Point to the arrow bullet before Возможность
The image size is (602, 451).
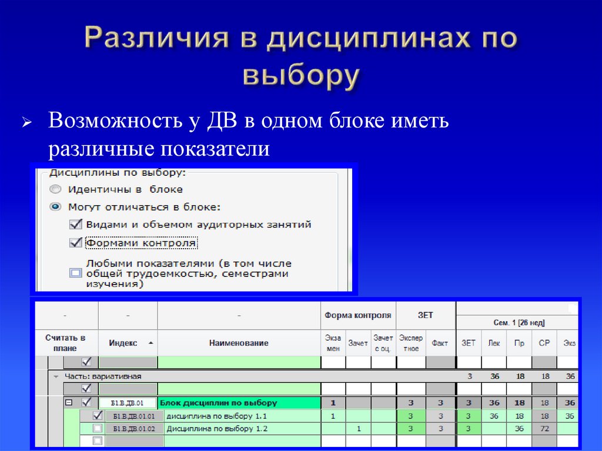pos(26,123)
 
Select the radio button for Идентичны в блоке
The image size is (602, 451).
pos(55,189)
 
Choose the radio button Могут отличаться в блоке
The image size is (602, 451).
pos(55,207)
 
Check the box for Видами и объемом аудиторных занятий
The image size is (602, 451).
pos(75,224)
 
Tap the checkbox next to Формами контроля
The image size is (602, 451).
pos(75,242)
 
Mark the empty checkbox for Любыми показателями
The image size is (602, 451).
pos(75,273)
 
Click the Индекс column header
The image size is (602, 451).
pos(123,343)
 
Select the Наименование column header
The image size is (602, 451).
pos(239,343)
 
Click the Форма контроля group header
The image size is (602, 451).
pos(358,316)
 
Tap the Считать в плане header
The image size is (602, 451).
pos(65,342)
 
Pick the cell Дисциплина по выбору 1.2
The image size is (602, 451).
pos(218,429)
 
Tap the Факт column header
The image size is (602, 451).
pos(440,343)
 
